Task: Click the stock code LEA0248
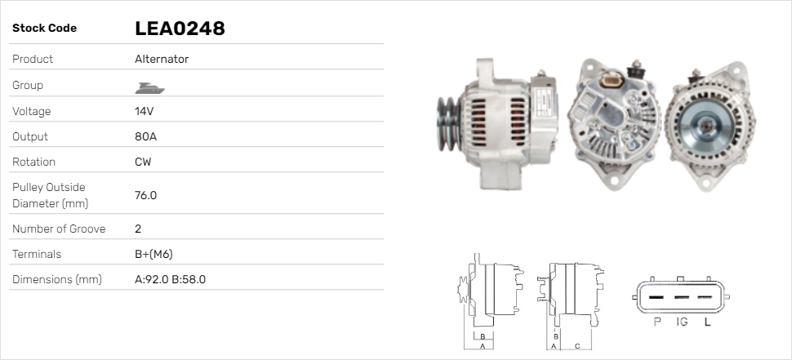[x=180, y=29]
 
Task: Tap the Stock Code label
[x=44, y=29]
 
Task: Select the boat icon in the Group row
[x=150, y=88]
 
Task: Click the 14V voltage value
[x=144, y=111]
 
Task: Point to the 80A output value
[x=145, y=136]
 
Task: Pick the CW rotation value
[x=143, y=162]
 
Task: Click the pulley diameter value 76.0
[x=145, y=195]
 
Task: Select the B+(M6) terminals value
[x=154, y=254]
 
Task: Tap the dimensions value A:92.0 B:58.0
[x=170, y=279]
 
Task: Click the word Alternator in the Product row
[x=162, y=59]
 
